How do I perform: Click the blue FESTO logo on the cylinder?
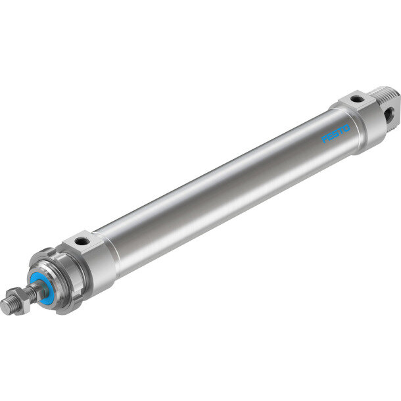(x=335, y=133)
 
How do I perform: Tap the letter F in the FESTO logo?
(x=325, y=139)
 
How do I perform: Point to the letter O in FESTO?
(x=346, y=128)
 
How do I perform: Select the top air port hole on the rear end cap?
(x=356, y=99)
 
